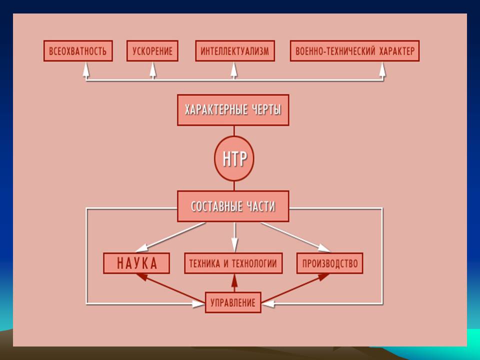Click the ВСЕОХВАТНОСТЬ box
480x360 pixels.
(78, 51)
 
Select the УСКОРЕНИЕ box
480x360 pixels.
(152, 51)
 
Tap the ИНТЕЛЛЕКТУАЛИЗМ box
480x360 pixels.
(234, 51)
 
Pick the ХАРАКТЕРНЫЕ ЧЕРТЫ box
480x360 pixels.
(233, 110)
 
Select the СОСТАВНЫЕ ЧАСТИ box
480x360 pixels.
(233, 206)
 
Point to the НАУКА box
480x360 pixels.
(136, 263)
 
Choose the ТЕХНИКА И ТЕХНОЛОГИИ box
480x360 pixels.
(233, 263)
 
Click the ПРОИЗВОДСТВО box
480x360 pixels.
(329, 263)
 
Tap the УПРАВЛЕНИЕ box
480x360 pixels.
(233, 302)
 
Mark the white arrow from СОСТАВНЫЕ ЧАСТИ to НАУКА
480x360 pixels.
(170, 236)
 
